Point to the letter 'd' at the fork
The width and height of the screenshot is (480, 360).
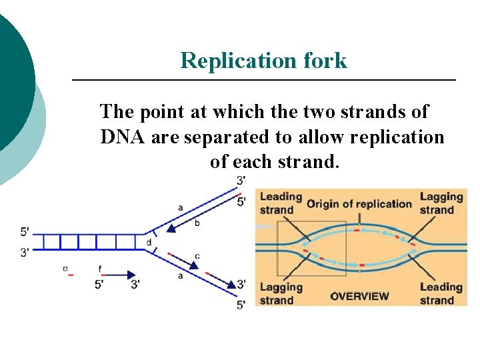pos(148,242)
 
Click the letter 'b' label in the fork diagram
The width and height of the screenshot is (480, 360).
pos(197,223)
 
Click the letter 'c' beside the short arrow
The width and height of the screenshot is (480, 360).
pos(197,256)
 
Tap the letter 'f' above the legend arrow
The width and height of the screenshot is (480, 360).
pos(100,269)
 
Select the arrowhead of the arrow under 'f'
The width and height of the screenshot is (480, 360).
pos(129,273)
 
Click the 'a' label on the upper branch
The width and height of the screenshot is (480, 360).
pos(180,208)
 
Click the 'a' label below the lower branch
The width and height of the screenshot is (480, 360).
pos(180,275)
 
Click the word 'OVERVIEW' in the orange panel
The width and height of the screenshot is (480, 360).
pos(360,295)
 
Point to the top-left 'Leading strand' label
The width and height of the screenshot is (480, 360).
pos(281,203)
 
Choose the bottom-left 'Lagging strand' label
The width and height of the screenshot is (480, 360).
pos(281,293)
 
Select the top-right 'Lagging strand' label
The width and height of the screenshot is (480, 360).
pos(441,203)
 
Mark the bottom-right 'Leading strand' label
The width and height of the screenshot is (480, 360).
pos(441,293)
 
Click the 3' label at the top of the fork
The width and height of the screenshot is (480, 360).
pos(241,180)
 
